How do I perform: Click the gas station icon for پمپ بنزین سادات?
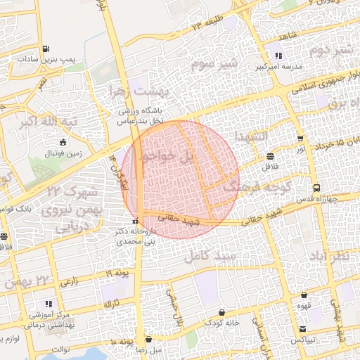(46, 49)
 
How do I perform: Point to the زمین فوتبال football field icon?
(64, 142)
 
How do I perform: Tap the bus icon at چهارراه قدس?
(317, 188)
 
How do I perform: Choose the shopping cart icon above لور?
(301, 139)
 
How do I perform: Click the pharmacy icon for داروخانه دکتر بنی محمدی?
(139, 222)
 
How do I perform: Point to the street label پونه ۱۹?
(117, 273)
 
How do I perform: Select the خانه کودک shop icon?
(222, 311)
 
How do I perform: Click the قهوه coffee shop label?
(304, 306)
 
